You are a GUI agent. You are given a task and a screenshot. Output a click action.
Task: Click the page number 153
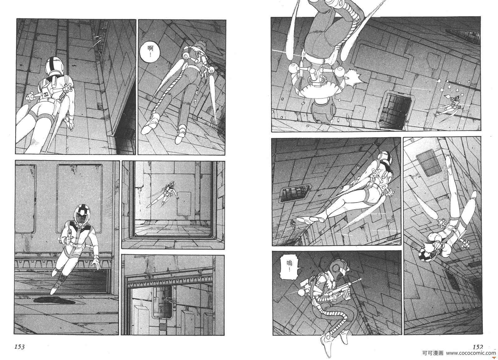pos(20,347)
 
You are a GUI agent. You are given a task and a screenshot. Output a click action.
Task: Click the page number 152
pos(478,347)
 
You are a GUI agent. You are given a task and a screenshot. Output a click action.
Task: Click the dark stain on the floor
pos(54,301)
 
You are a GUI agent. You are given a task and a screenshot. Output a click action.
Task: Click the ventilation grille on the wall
pos(425,162)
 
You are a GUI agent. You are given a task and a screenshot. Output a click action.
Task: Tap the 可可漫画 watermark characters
pos(433,353)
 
